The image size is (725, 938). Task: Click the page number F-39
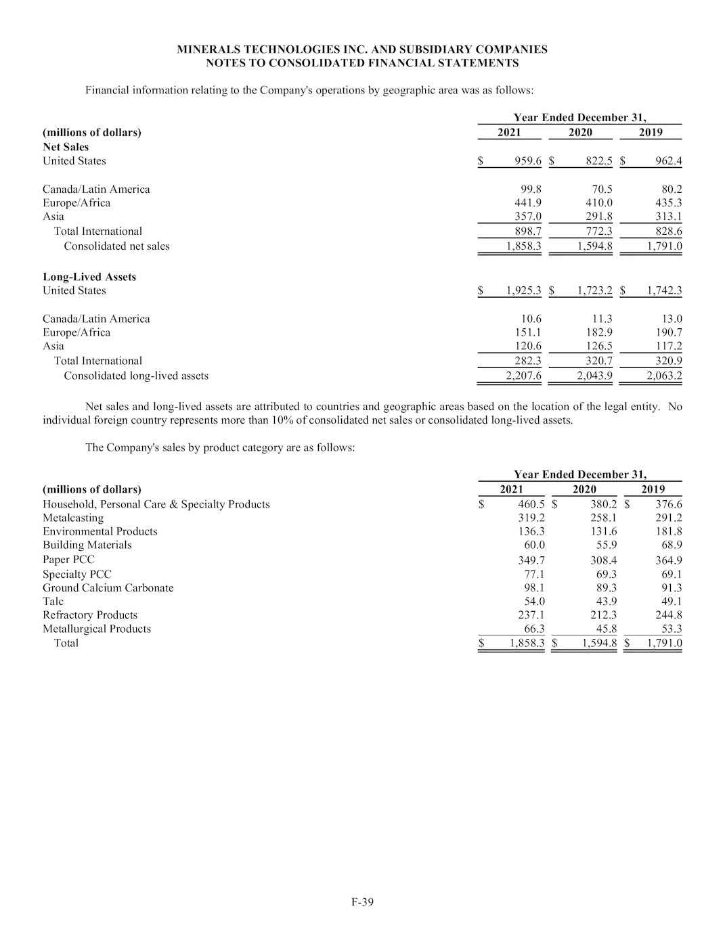coord(362,901)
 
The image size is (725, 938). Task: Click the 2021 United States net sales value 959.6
coord(528,161)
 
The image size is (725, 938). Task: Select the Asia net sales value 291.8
coord(598,217)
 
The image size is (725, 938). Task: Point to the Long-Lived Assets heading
coord(89,277)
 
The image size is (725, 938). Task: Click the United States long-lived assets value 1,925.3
coord(523,291)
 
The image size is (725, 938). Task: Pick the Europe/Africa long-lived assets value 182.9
coord(598,332)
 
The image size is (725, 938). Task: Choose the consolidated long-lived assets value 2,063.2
coord(664,376)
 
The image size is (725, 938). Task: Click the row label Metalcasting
coord(73,518)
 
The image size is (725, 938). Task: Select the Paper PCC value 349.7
coord(531,560)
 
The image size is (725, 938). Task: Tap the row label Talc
coord(53,601)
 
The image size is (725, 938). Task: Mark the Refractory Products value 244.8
coord(669,615)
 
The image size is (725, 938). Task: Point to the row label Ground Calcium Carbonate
coord(108,587)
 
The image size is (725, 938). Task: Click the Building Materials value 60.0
coord(531,545)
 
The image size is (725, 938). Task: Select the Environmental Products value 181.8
coord(669,531)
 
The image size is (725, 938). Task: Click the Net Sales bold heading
coord(66,147)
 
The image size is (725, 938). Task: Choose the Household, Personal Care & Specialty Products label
coord(156,504)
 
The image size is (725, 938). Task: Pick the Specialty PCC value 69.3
coord(602,574)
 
